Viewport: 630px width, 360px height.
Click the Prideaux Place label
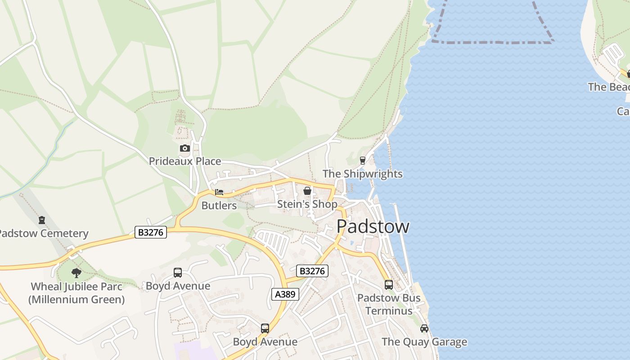tap(184, 161)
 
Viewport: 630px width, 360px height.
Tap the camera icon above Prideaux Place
tap(184, 148)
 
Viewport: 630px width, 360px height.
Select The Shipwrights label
tap(362, 174)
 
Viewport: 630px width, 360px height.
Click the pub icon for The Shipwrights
tap(362, 161)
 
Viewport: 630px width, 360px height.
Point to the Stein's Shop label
tap(307, 204)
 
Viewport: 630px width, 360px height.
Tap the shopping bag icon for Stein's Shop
tap(307, 191)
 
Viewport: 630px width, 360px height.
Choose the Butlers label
tap(219, 206)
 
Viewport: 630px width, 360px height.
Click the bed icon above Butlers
tap(219, 192)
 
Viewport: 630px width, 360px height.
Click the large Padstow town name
tap(373, 226)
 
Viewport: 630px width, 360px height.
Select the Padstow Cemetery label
tap(44, 234)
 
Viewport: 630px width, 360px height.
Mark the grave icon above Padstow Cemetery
tap(42, 220)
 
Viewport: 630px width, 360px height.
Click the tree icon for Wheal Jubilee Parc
tap(76, 273)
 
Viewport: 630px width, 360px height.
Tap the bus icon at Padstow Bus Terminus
tap(388, 285)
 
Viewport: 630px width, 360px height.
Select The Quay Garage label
tap(424, 342)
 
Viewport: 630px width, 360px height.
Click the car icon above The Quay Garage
tap(424, 328)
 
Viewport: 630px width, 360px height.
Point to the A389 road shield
tap(285, 294)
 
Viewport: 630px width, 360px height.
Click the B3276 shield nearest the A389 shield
tap(312, 271)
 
